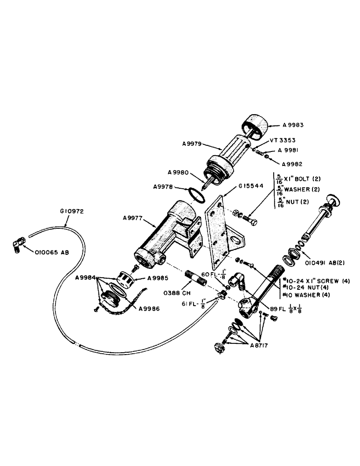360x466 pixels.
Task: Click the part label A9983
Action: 294,124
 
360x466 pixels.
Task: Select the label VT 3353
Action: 282,140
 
